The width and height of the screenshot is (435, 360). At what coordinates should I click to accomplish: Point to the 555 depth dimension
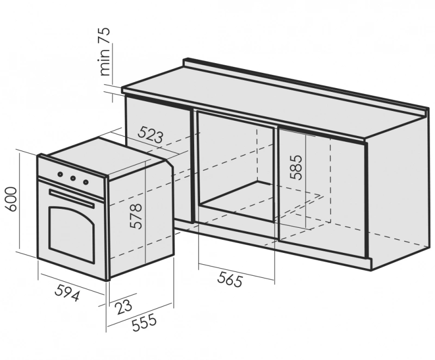coord(144,322)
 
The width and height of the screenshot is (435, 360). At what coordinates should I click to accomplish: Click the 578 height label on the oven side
coord(136,216)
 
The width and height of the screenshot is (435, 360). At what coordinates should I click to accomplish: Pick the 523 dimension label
coord(151,134)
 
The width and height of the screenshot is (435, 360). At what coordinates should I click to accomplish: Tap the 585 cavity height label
coord(295,167)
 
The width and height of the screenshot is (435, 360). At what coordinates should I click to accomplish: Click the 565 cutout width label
coord(230,279)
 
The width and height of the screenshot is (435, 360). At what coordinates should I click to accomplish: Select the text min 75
coord(104,52)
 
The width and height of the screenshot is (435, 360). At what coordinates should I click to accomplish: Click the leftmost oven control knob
coord(60,174)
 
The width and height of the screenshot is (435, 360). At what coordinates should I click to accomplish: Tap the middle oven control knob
coord(73,178)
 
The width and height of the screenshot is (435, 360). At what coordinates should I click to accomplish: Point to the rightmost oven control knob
coord(86,182)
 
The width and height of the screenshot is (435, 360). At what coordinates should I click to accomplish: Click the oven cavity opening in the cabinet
coord(237,166)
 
